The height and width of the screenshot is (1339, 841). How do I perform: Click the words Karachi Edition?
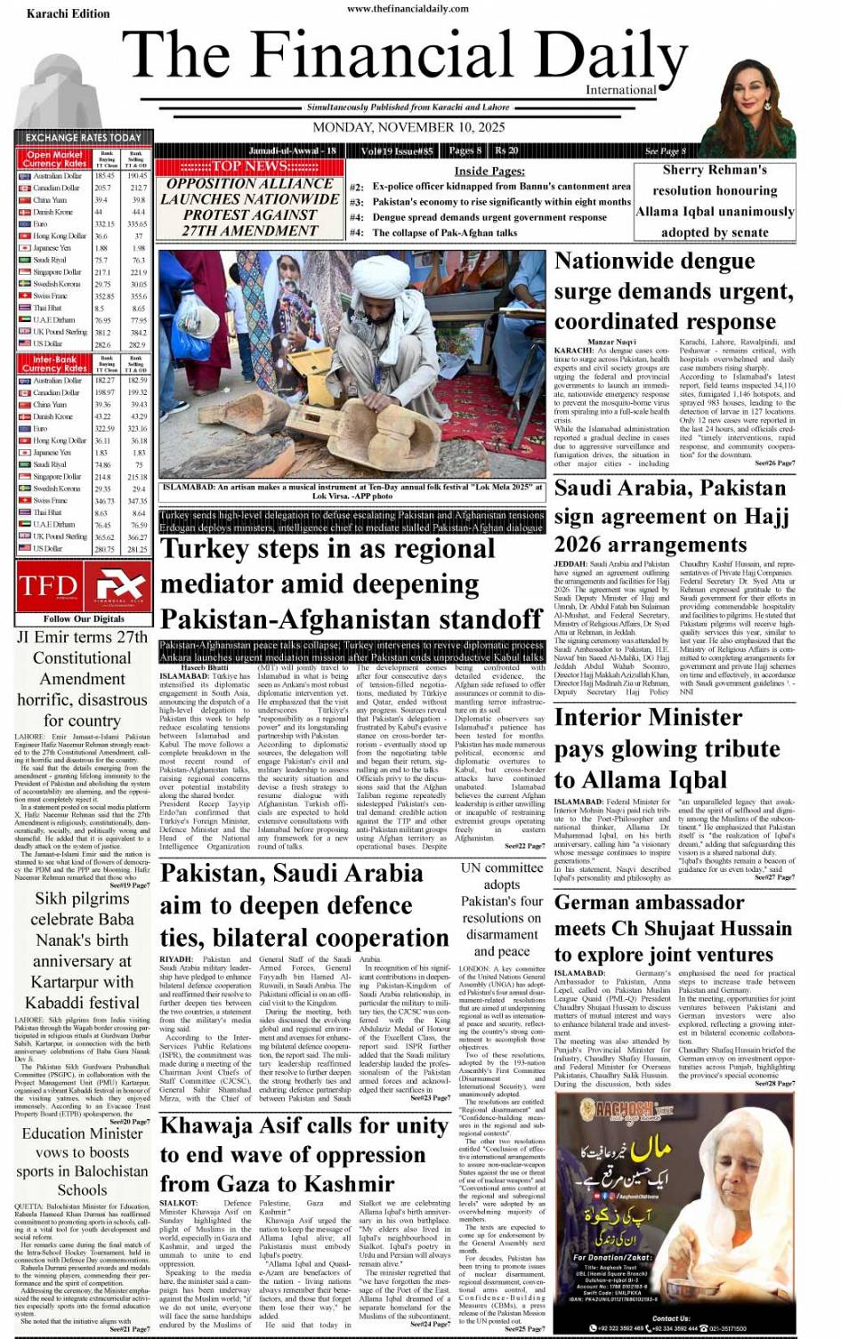[68, 14]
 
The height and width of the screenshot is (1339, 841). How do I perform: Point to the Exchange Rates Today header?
[84, 138]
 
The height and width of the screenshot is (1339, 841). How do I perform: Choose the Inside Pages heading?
[489, 171]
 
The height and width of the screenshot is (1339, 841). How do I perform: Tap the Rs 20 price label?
[506, 150]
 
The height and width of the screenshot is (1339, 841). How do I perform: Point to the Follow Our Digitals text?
[84, 618]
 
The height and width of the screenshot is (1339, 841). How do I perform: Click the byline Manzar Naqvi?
[611, 343]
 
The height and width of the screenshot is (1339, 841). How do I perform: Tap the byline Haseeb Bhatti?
[205, 667]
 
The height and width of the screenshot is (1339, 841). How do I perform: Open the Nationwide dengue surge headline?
[673, 291]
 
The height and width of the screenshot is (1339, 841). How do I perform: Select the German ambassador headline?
[672, 928]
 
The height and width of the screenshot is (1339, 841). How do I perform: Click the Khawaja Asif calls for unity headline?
[303, 1154]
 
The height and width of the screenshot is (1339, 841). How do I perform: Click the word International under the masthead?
[620, 90]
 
